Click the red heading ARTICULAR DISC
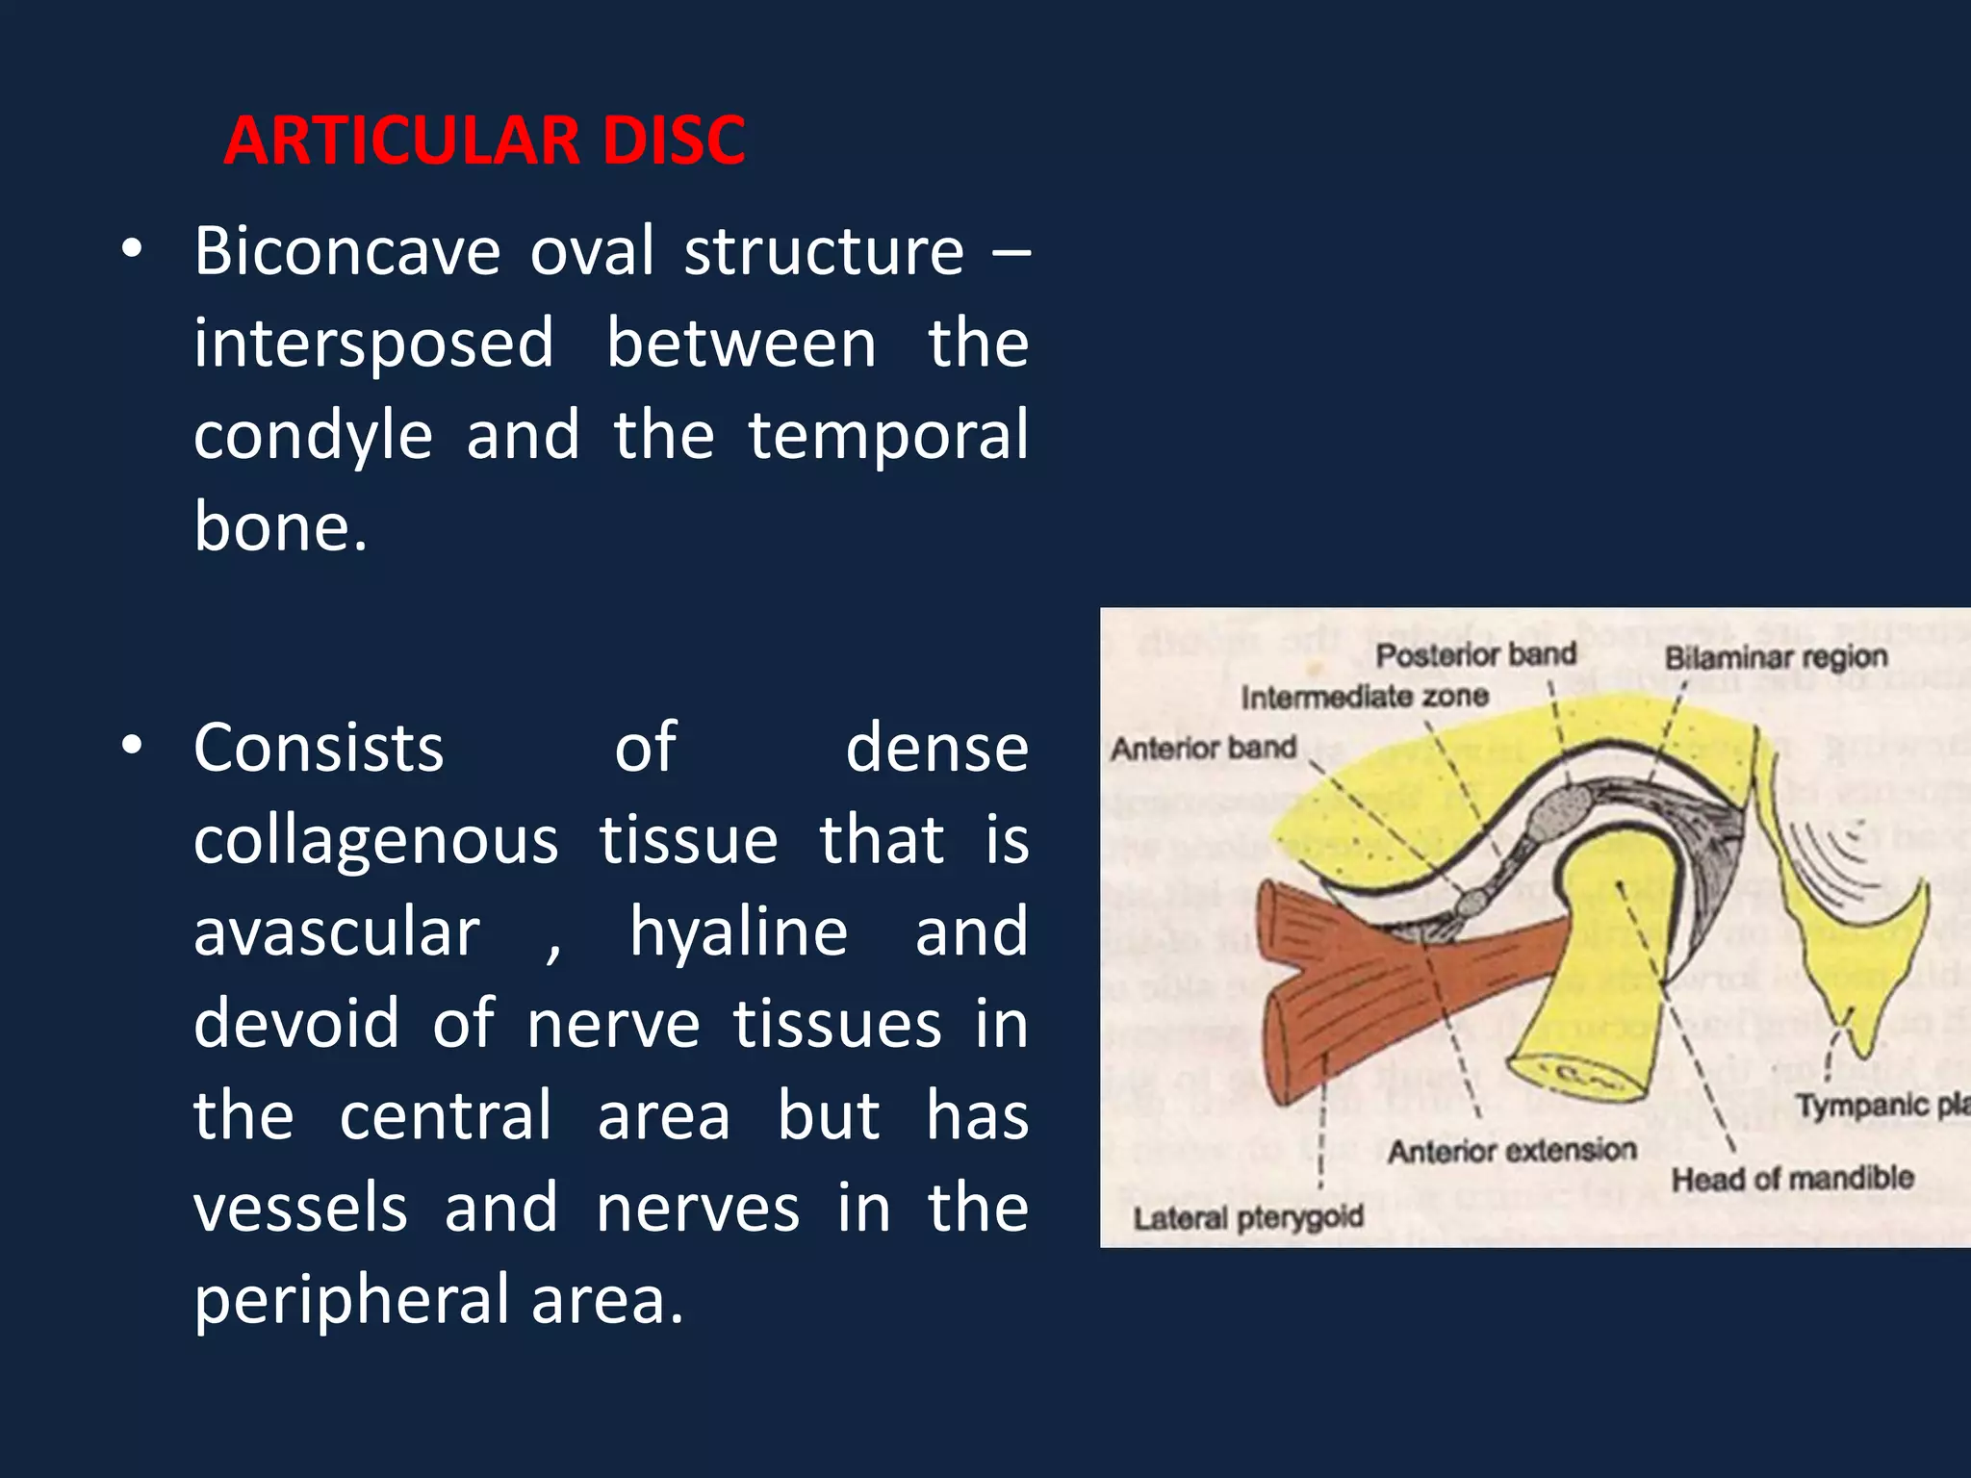pos(484,140)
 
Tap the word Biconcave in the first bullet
pos(346,252)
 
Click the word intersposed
pos(373,344)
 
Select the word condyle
pos(313,436)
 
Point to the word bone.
pos(279,527)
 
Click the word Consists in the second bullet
pos(319,748)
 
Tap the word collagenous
pos(375,840)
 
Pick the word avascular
pos(336,932)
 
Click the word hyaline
pos(738,932)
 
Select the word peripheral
pos(351,1300)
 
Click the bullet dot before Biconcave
pos(132,251)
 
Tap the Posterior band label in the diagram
pos(1475,655)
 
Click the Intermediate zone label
pos(1364,697)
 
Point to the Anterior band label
pos(1203,748)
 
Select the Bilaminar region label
pos(1776,658)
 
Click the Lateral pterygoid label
pos(1248,1218)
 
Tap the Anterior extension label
pos(1511,1151)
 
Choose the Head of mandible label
pos(1792,1179)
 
